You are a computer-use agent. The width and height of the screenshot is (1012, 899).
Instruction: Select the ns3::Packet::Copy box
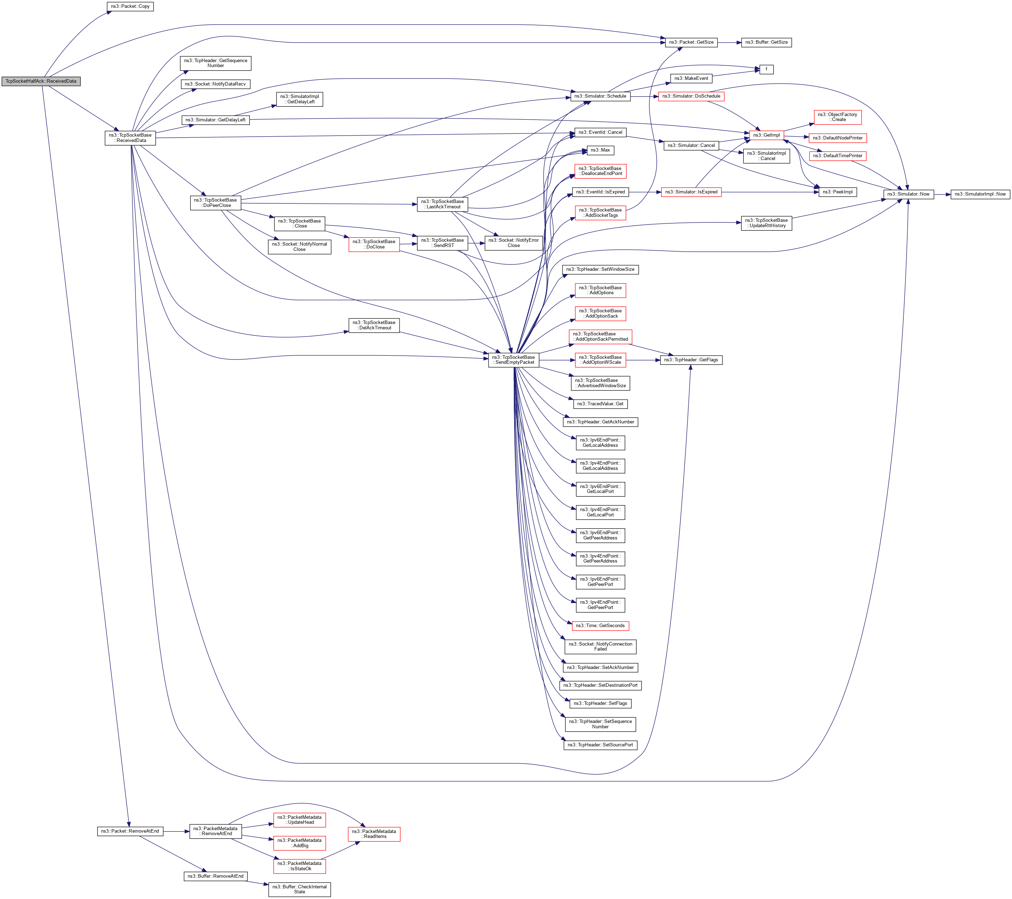click(x=130, y=6)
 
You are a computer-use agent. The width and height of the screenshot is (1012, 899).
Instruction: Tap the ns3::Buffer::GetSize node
click(x=766, y=43)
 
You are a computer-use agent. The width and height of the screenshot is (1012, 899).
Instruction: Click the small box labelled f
click(x=766, y=69)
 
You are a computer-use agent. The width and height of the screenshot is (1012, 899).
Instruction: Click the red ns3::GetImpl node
click(x=766, y=135)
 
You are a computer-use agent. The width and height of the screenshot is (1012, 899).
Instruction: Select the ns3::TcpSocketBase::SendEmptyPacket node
click(x=513, y=360)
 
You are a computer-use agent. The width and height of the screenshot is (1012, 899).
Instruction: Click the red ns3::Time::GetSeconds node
click(x=600, y=626)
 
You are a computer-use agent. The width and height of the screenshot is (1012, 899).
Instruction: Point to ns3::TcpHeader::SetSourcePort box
click(x=600, y=745)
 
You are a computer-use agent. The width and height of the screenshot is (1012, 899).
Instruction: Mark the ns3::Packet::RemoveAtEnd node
click(x=130, y=831)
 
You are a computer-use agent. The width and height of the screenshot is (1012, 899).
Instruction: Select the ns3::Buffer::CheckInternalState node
click(x=299, y=889)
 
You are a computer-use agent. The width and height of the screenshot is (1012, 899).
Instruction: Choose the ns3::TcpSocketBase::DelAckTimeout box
click(x=374, y=325)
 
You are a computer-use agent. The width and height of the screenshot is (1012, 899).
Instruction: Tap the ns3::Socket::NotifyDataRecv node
click(x=215, y=84)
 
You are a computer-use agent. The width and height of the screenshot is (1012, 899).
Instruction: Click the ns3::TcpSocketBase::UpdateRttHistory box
click(x=766, y=223)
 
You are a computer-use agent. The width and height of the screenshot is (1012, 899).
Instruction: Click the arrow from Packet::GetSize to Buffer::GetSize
click(x=729, y=43)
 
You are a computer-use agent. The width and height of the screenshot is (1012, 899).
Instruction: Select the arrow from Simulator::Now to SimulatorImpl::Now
click(x=942, y=194)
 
